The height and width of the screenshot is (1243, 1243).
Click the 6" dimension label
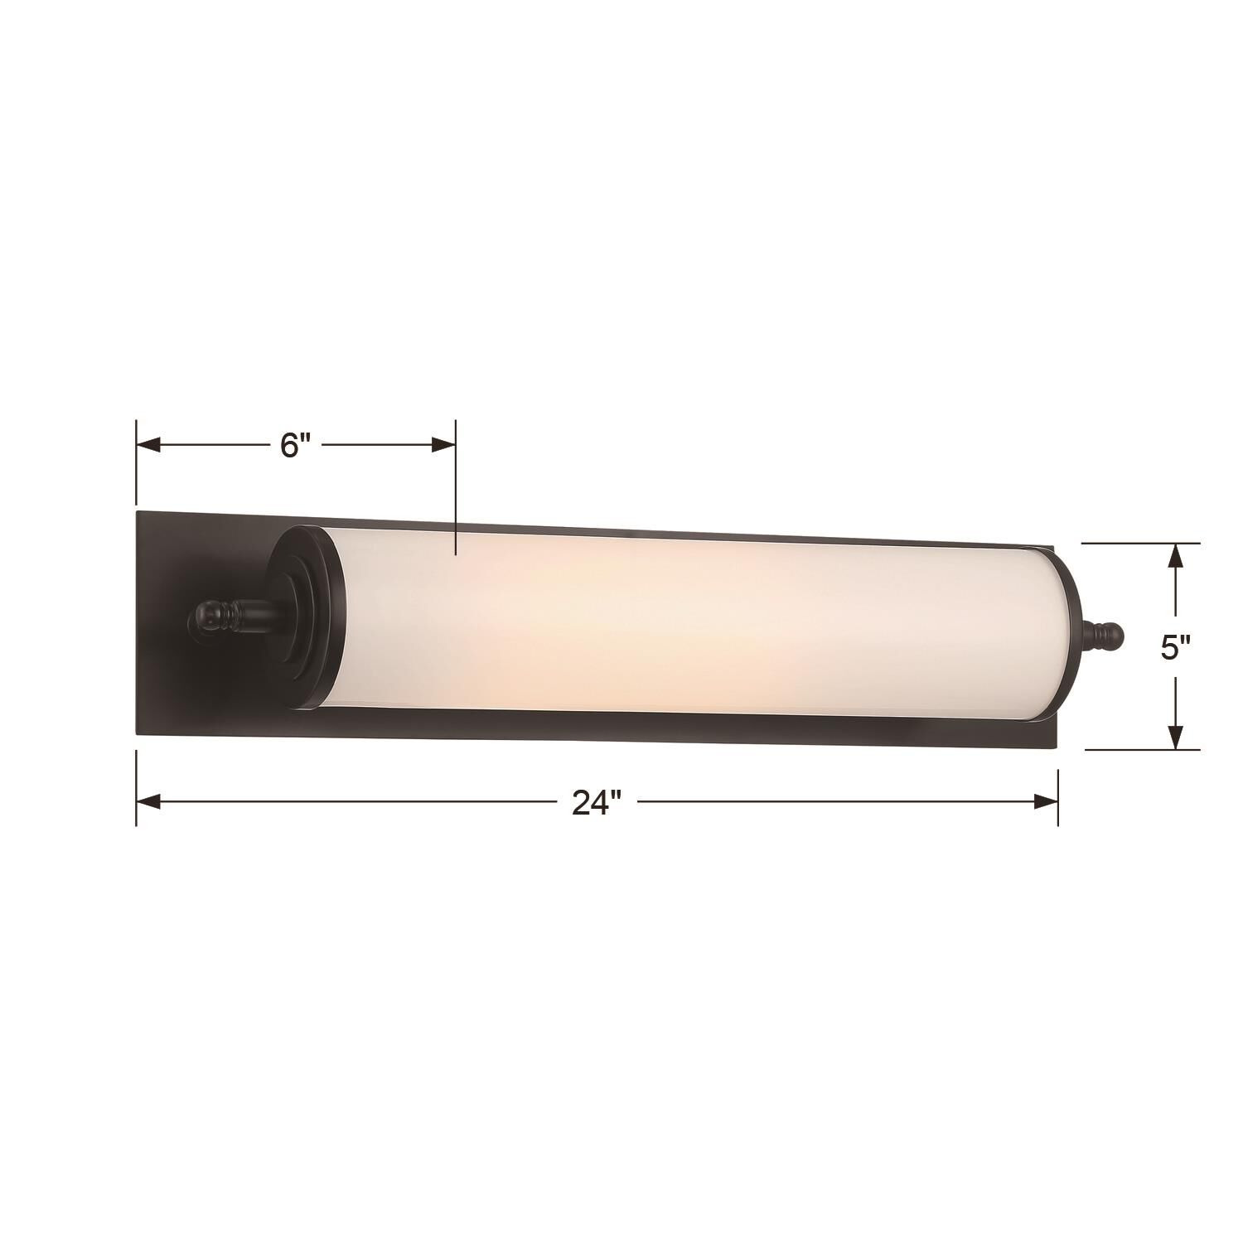295,446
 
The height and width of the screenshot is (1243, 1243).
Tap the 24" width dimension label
597,801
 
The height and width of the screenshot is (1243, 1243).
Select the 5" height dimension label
1175,647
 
